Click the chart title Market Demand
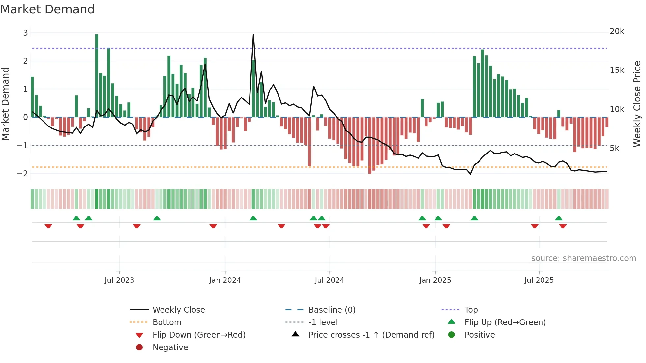(47, 9)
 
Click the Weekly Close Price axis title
(637, 104)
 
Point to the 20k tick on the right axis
(617, 31)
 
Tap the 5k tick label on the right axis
(614, 148)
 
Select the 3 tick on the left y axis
(25, 33)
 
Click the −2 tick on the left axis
(22, 174)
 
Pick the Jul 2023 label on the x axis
(119, 280)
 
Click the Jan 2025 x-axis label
(435, 280)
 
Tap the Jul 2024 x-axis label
(329, 280)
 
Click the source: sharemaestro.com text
(583, 258)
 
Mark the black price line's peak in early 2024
(253, 35)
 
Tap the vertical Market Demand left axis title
(5, 104)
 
